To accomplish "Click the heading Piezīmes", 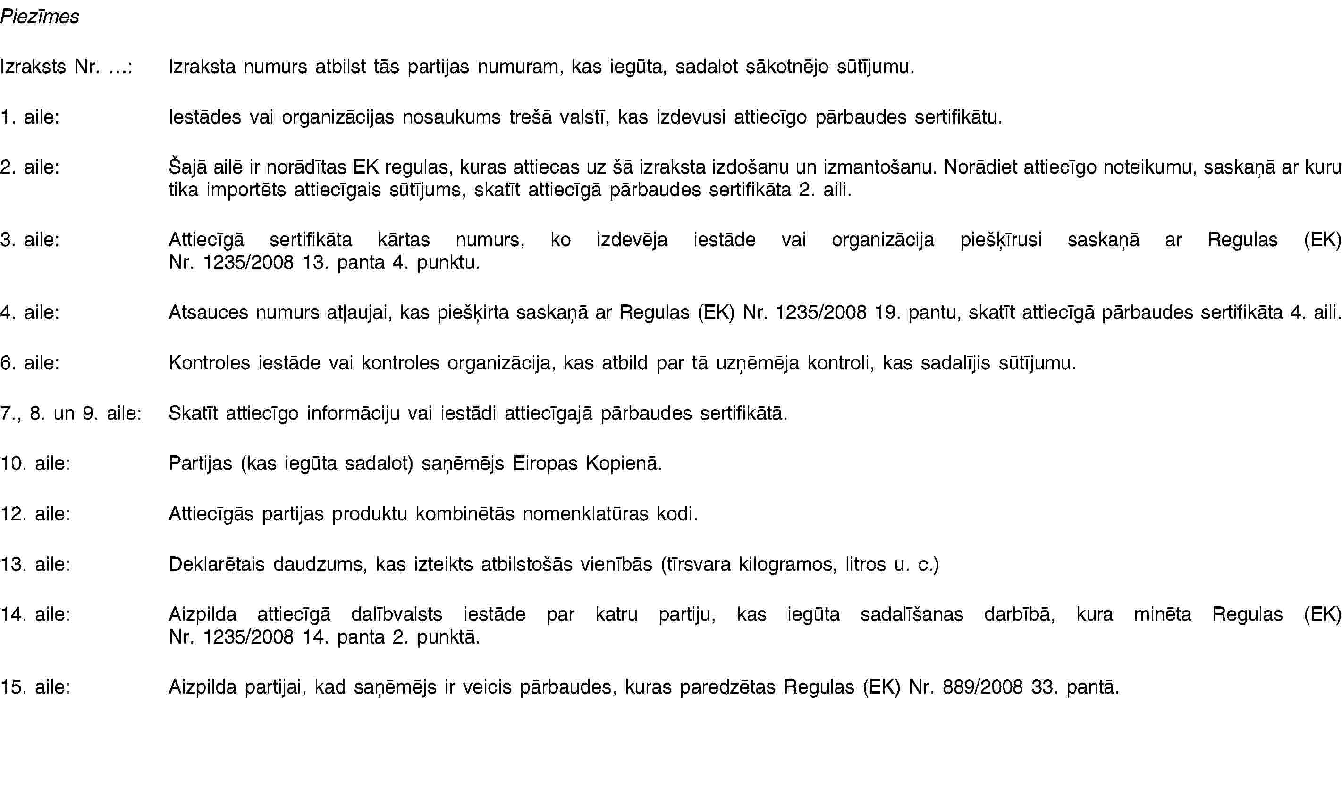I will pos(40,17).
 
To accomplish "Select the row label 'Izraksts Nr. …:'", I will pos(67,67).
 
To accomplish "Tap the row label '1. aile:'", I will pos(30,117).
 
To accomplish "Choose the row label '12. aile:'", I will pos(35,514).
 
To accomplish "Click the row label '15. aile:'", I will pos(35,687).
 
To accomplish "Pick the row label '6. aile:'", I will pos(30,363).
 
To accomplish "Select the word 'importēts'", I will pos(246,190).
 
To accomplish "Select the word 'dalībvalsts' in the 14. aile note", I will pos(397,614).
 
